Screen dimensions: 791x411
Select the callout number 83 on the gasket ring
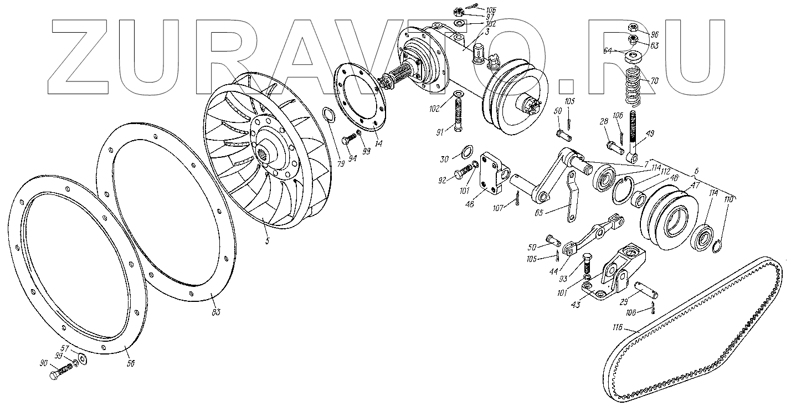pyautogui.click(x=215, y=312)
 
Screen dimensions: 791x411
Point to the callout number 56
pyautogui.click(x=131, y=363)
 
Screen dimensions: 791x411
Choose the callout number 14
pyautogui.click(x=377, y=143)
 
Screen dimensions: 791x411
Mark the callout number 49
pyautogui.click(x=650, y=133)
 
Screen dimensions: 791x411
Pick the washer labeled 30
pyautogui.click(x=467, y=151)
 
